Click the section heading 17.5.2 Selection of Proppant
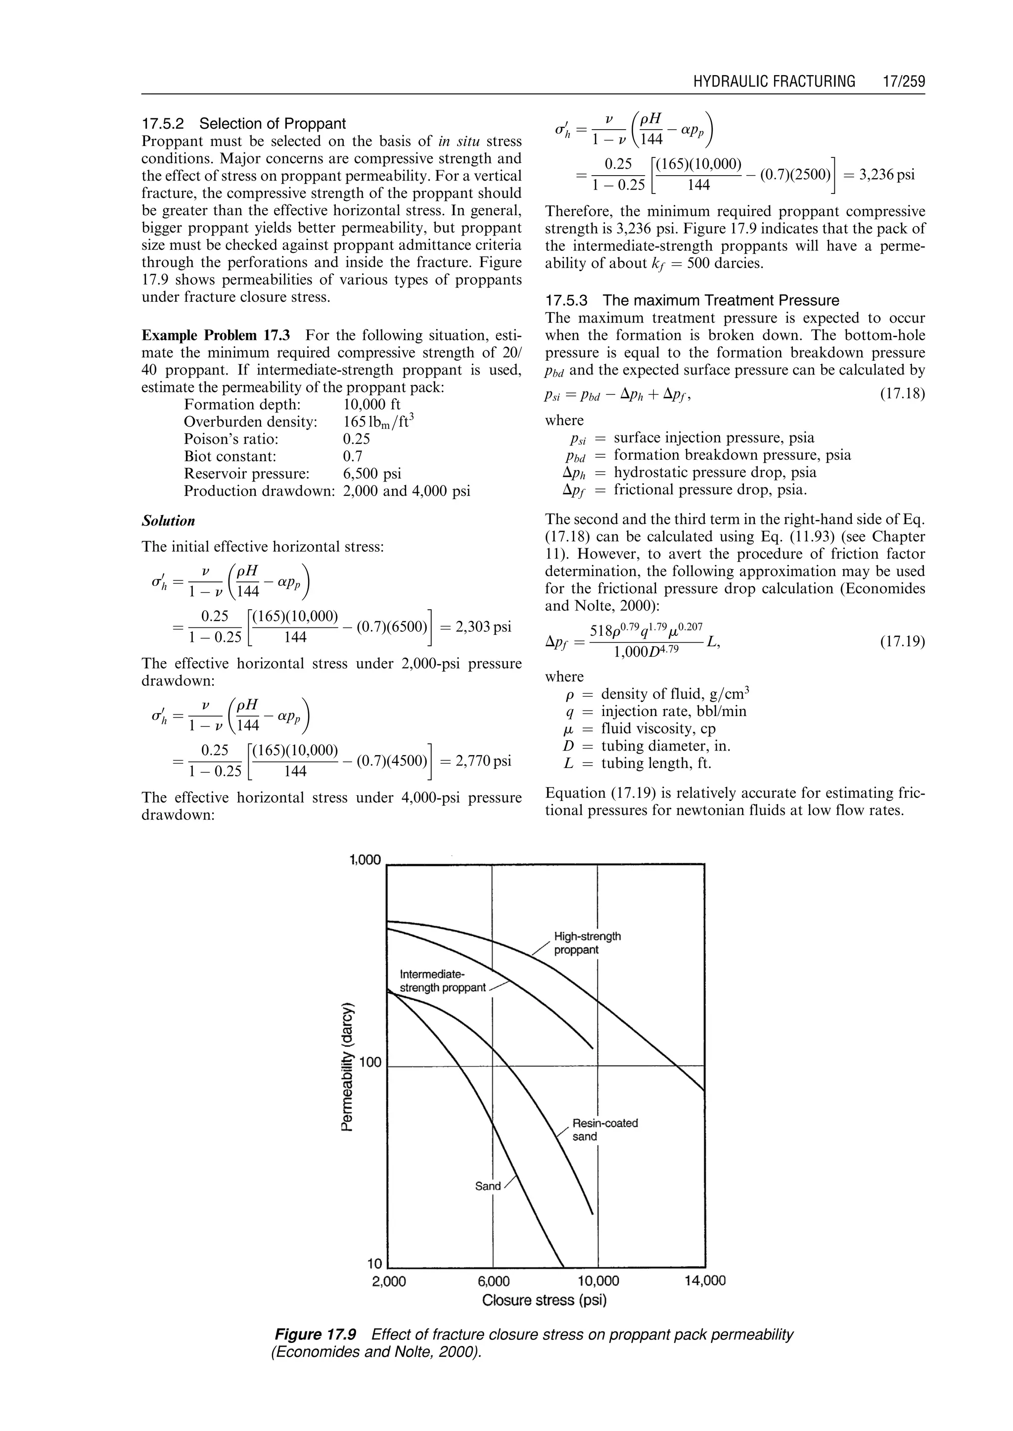click(243, 124)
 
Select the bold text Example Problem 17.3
click(216, 335)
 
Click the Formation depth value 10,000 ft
click(372, 404)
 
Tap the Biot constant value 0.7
click(353, 456)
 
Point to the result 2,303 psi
click(483, 626)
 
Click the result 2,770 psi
click(483, 761)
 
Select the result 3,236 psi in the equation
click(886, 174)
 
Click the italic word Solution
click(168, 521)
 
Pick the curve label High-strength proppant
click(586, 943)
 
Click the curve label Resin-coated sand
click(604, 1130)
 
